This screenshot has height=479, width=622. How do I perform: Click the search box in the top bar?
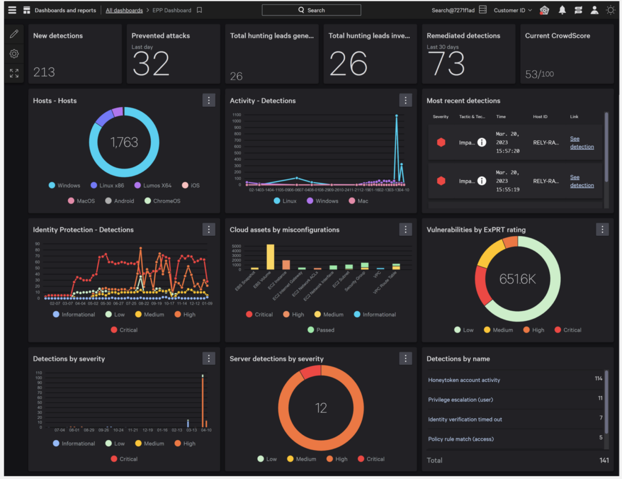[x=311, y=10]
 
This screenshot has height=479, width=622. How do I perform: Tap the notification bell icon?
[x=562, y=10]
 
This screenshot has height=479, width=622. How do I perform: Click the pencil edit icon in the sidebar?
[x=14, y=34]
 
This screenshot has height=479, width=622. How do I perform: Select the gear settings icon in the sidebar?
[x=14, y=53]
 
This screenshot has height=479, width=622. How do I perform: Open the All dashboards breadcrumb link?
[x=124, y=10]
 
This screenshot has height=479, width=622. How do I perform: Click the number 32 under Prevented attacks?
[x=151, y=64]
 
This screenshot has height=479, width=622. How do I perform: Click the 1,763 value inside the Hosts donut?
[x=124, y=142]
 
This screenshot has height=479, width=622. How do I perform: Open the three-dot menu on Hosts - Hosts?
[x=209, y=100]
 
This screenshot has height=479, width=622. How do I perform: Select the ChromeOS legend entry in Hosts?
[x=163, y=201]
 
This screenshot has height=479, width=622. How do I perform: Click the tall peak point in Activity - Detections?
[x=396, y=116]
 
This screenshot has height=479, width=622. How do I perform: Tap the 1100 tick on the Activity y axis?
[x=236, y=115]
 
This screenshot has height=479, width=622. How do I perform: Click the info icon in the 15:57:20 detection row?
[x=481, y=142]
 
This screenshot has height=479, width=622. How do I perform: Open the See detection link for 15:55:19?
[x=582, y=181]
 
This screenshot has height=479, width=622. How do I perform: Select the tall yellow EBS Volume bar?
[x=270, y=257]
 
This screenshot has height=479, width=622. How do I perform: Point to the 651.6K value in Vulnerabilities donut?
[x=517, y=279]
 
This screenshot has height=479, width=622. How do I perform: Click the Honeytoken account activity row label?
[x=464, y=380]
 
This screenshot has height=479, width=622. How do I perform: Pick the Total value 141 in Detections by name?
[x=604, y=460]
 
